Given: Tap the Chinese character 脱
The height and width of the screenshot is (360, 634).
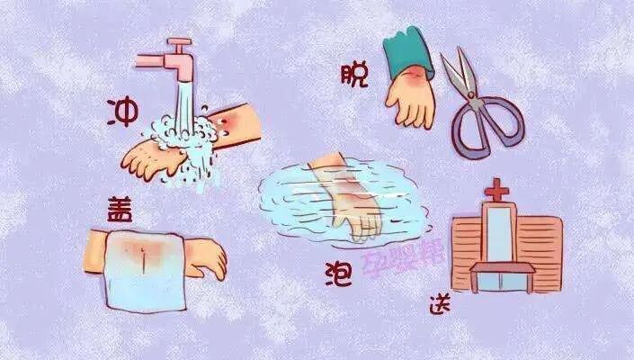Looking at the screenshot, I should pyautogui.click(x=355, y=76).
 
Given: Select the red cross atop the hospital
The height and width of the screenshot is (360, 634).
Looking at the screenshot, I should pyautogui.click(x=496, y=192).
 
